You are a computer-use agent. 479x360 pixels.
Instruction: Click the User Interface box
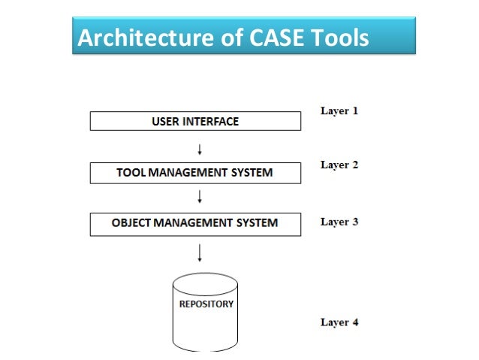click(x=195, y=121)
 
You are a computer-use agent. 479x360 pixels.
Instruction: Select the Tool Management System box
click(x=195, y=173)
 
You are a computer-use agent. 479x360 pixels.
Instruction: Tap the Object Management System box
click(x=195, y=223)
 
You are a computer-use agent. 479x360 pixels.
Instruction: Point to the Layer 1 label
click(x=339, y=111)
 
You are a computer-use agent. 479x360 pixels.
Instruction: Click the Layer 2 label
click(x=339, y=165)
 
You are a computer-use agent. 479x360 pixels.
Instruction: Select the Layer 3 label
click(x=339, y=222)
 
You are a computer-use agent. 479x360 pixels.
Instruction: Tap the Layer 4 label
click(x=339, y=322)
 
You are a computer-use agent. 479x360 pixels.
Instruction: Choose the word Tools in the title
click(x=337, y=37)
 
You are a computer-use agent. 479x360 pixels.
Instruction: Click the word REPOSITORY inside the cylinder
click(x=206, y=304)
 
